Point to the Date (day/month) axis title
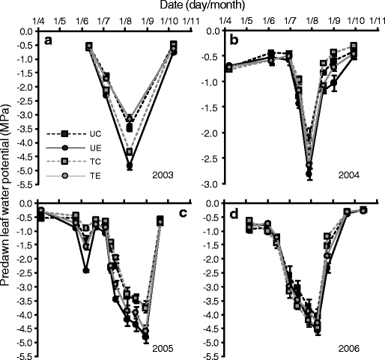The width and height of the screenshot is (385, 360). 192,6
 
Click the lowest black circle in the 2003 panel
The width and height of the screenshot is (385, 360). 130,167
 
